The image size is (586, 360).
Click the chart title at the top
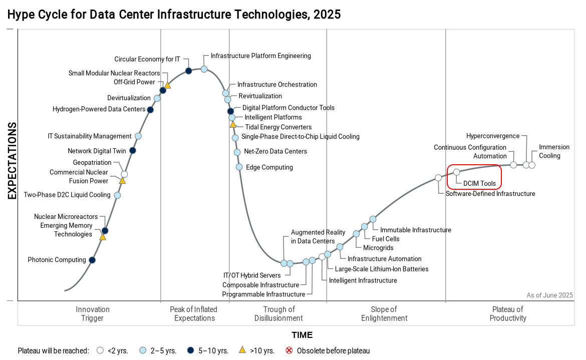[x=174, y=14]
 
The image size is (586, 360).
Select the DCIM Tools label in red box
[x=479, y=183]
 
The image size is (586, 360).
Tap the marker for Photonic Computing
[x=92, y=260]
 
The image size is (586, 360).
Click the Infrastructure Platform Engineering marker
[x=204, y=69]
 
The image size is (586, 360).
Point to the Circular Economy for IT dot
[x=189, y=71]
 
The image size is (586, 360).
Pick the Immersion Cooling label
[x=554, y=151]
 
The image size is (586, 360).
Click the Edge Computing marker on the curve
[x=239, y=167]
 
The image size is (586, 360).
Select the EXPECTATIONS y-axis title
[x=12, y=161]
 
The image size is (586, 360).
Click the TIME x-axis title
[x=302, y=335]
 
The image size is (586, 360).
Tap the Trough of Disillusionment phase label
[x=278, y=313]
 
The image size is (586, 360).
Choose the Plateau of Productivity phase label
[x=508, y=313]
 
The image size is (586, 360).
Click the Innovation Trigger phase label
[x=93, y=313]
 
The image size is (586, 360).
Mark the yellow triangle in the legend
[x=242, y=350]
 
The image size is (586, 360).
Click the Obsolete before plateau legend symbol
[x=289, y=350]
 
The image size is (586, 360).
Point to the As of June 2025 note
[x=549, y=295]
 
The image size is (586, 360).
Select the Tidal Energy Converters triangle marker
[x=232, y=124]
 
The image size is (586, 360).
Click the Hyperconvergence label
[x=493, y=136]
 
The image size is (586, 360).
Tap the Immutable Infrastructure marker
[x=373, y=219]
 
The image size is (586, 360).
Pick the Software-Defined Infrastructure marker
[x=438, y=178]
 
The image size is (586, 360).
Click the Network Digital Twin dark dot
[x=133, y=150]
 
